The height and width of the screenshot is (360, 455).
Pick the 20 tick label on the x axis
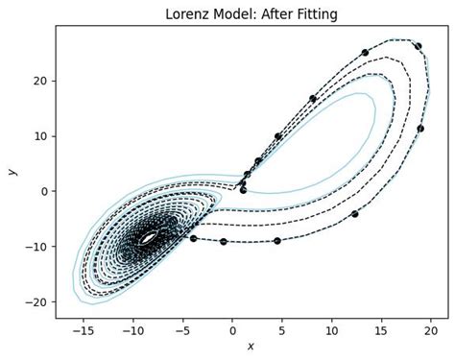coord(431,329)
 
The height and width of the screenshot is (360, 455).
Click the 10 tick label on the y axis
coord(39,135)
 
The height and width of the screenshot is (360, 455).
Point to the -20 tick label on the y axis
coord(35,301)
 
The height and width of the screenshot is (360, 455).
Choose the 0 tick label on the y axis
coord(42,191)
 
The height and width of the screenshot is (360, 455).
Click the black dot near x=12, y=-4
coord(354,213)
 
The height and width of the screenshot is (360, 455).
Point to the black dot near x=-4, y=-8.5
coord(193,238)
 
